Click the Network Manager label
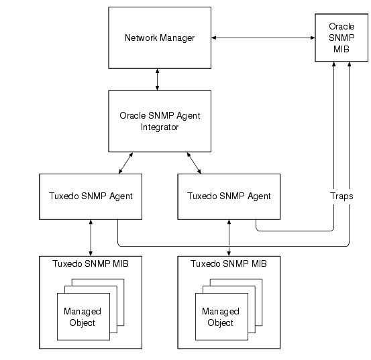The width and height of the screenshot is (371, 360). (x=160, y=38)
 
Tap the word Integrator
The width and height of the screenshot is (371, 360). (x=160, y=127)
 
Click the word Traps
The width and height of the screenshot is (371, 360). (x=341, y=196)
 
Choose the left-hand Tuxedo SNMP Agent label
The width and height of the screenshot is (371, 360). (x=91, y=196)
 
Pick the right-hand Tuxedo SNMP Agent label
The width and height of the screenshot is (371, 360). (x=229, y=196)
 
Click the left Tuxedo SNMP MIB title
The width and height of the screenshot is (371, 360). (x=91, y=263)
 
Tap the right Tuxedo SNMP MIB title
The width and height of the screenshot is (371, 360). (x=229, y=263)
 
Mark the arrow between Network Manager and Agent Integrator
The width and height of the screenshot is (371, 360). (x=157, y=78)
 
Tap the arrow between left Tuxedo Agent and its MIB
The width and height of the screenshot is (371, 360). (x=91, y=236)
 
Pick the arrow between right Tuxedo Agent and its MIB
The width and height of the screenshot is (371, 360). (x=229, y=236)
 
